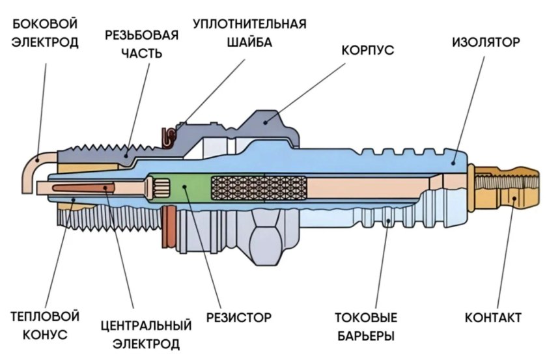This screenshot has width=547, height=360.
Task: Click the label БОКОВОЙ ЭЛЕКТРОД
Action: (x=45, y=33)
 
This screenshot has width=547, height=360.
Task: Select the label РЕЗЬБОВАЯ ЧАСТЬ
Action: (x=141, y=44)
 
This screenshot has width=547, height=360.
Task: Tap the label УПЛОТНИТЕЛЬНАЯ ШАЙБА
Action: (x=249, y=33)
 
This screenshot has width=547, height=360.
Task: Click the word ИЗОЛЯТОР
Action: (x=486, y=43)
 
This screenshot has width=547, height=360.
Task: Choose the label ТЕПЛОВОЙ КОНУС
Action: (x=45, y=325)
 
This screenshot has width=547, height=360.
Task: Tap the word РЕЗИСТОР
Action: (x=238, y=318)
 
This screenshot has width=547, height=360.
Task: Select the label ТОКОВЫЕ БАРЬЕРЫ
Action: (x=365, y=327)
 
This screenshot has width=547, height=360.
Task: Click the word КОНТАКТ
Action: (x=493, y=318)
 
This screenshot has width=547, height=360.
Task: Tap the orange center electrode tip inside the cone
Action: (x=98, y=188)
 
